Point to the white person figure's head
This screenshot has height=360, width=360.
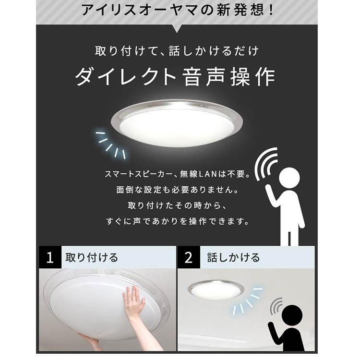(289, 178)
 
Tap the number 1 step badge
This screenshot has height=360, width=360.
(49, 258)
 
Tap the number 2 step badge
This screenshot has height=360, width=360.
(189, 258)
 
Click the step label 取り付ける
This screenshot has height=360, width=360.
(92, 258)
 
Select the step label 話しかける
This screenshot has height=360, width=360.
(233, 258)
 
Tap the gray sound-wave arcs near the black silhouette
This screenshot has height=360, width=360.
(276, 306)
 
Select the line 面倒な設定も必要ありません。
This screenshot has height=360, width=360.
(177, 191)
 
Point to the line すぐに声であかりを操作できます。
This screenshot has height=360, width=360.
(177, 222)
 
